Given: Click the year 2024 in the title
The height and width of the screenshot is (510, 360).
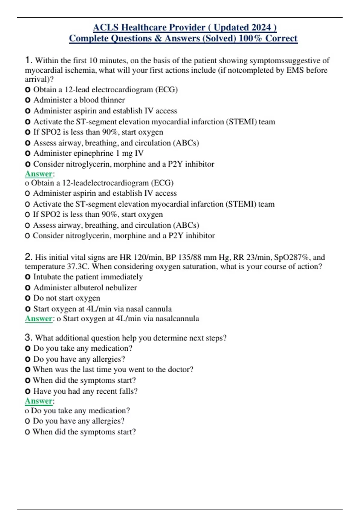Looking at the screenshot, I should point(261,28).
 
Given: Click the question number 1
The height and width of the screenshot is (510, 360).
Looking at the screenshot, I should point(28,60).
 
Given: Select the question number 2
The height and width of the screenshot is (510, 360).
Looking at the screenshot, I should point(28,257).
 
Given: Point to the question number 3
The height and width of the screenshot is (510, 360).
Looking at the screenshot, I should point(28,337).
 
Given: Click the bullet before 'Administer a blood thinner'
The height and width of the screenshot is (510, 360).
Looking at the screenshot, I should point(28,100).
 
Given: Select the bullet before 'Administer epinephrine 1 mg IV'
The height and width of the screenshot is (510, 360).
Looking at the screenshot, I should point(28,154).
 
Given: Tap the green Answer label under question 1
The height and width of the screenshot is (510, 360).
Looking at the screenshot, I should point(39,174).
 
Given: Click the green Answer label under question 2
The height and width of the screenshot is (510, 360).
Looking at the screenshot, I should point(39,319).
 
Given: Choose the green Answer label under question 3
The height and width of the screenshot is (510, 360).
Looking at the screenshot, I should point(39,401).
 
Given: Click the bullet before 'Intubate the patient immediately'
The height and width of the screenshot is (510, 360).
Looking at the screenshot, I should point(28,277).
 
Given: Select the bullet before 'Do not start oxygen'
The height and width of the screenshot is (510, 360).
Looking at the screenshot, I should point(28,298).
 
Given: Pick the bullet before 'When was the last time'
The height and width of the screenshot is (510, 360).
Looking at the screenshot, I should point(28,370).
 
